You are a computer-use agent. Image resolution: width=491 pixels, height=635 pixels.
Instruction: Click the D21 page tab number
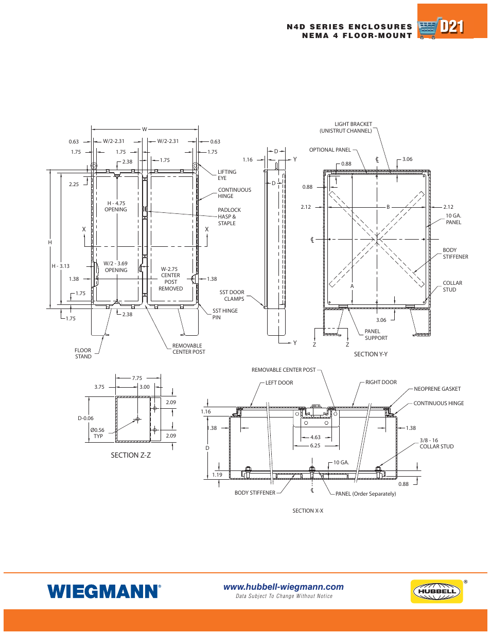(452, 27)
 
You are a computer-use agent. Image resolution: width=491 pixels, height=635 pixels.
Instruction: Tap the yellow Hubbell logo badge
(436, 591)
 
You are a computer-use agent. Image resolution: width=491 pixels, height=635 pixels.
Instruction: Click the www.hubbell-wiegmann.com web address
(283, 587)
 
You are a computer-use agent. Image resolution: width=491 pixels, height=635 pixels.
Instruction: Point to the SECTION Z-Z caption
(131, 455)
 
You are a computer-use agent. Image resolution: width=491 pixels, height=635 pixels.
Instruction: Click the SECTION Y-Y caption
(371, 354)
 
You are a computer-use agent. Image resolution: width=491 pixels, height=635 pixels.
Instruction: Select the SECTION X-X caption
(308, 511)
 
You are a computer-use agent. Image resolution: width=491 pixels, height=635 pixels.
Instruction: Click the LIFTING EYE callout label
(226, 175)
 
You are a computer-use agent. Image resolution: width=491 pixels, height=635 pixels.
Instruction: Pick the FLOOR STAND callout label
(83, 353)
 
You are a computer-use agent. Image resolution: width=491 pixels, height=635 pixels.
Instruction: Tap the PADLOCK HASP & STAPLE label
(229, 216)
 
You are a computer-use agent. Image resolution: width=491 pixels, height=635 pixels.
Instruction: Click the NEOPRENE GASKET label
(437, 389)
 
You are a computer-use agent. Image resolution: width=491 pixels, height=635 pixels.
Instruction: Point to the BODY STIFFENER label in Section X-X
(255, 493)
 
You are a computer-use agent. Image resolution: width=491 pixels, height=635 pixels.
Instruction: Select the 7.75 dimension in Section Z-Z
(137, 378)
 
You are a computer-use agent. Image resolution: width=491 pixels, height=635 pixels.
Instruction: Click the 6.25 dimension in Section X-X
(315, 445)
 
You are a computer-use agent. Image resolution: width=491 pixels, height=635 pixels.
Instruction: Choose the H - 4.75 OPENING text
(116, 206)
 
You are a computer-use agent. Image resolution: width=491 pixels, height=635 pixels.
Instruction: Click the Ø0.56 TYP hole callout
(97, 433)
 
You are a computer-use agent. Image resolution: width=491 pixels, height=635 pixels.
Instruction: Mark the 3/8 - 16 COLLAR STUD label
(436, 443)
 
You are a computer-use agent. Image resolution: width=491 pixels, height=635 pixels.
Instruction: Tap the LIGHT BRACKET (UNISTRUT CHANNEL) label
(346, 128)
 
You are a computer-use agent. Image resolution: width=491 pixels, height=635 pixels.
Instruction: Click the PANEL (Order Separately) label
(365, 494)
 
